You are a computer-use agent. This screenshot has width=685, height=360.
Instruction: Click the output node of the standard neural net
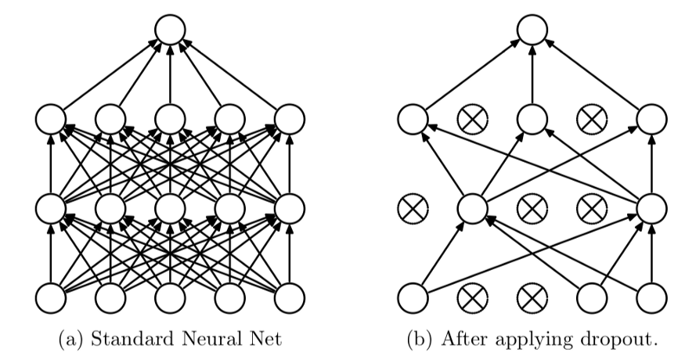point(170,31)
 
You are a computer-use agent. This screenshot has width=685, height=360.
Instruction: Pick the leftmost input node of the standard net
point(51,298)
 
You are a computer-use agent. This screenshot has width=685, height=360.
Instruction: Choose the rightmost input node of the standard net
point(290,298)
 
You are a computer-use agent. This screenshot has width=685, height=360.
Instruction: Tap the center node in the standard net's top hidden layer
point(170,120)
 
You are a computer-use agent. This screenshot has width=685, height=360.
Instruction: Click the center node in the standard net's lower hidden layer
point(170,209)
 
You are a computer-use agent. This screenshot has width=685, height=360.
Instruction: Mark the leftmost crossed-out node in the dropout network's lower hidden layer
point(413,209)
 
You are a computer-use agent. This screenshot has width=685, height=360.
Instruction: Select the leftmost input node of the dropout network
point(413,298)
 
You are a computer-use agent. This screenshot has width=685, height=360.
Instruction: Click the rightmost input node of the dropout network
point(651,298)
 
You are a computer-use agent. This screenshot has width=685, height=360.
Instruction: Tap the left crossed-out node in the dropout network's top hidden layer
point(472,120)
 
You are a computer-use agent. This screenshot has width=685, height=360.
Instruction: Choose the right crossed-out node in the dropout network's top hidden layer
point(591,120)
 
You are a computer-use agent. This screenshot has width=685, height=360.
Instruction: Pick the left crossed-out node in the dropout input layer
point(472,298)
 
